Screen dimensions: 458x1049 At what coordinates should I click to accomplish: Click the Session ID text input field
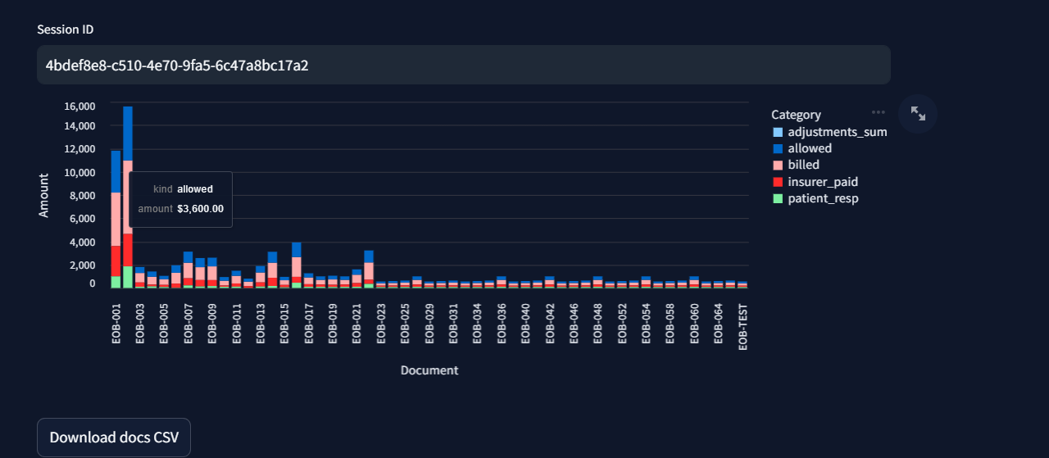pyautogui.click(x=463, y=65)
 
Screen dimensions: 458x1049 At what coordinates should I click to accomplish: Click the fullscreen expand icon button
pyautogui.click(x=918, y=114)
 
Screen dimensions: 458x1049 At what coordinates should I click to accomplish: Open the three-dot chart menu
pyautogui.click(x=879, y=112)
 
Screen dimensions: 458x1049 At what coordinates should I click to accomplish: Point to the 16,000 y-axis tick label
pyautogui.click(x=79, y=107)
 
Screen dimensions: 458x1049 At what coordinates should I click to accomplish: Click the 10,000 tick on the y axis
pyautogui.click(x=79, y=172)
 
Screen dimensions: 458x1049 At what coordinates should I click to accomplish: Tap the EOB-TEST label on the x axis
pyautogui.click(x=743, y=327)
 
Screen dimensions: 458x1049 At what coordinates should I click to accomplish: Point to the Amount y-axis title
pyautogui.click(x=44, y=195)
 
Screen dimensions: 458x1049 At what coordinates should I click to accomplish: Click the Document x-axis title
pyautogui.click(x=429, y=370)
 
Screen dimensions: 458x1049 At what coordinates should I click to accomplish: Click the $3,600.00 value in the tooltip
pyautogui.click(x=200, y=209)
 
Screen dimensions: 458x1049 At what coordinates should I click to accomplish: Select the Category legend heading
pyautogui.click(x=796, y=115)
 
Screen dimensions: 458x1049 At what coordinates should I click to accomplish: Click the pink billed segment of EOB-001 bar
pyautogui.click(x=116, y=219)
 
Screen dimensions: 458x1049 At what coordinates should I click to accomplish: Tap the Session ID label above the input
pyautogui.click(x=66, y=29)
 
